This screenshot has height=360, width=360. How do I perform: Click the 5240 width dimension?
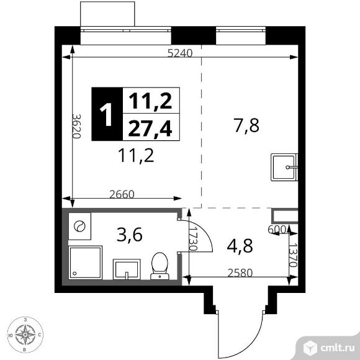tap(180, 53)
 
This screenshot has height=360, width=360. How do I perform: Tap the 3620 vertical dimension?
tap(76, 126)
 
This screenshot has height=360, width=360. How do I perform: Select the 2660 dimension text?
tap(122, 194)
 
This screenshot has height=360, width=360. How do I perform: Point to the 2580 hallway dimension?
tap(240, 273)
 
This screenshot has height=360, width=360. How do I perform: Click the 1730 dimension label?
tap(193, 239)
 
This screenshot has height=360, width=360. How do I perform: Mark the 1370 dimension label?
tap(293, 255)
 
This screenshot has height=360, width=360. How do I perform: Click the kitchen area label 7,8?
tap(246, 125)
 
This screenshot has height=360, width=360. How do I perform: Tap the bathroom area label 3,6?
tap(130, 235)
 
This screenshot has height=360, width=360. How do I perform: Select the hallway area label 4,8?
tap(240, 246)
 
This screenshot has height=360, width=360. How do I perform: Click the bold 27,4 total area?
tap(150, 129)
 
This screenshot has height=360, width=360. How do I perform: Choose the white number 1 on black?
tap(106, 114)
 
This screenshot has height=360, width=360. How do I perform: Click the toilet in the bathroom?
tap(160, 266)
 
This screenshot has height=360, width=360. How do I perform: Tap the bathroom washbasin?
tap(127, 269)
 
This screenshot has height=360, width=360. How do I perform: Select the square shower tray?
tap(85, 263)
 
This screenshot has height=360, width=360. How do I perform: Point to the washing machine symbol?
tap(79, 226)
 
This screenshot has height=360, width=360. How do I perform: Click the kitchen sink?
tap(284, 168)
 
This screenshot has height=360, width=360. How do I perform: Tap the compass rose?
tap(25, 335)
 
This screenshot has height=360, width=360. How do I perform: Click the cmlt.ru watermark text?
tap(338, 348)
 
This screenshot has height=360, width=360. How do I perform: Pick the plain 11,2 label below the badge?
tap(136, 155)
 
